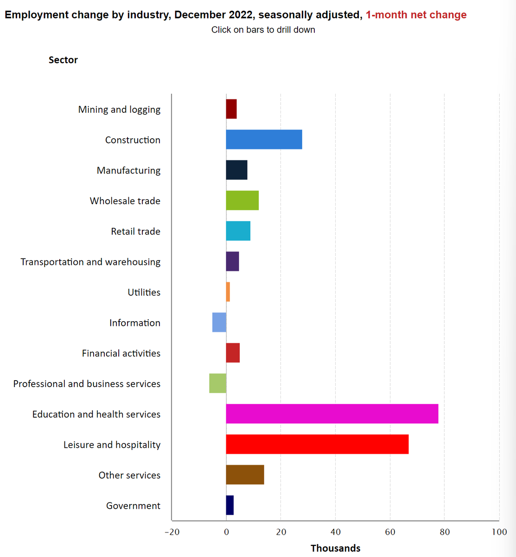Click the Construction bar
[x=264, y=140]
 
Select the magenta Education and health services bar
[x=332, y=414]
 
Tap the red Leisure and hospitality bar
[x=317, y=444]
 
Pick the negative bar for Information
[x=219, y=322]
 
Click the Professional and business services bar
[x=218, y=383]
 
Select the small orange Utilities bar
[x=228, y=292]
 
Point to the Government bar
[x=230, y=505]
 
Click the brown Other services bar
[x=245, y=475]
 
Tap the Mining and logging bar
[x=231, y=109]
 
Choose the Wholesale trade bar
[x=242, y=201]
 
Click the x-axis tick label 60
[x=390, y=532]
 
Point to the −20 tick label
[x=172, y=532]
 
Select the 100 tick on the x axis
[x=499, y=532]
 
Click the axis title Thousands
[x=335, y=548]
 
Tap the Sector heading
[x=63, y=60]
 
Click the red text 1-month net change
[x=416, y=15]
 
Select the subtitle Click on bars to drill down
[x=263, y=30]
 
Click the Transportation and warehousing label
[x=90, y=262]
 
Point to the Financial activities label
[x=121, y=353]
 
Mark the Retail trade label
[x=135, y=231]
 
